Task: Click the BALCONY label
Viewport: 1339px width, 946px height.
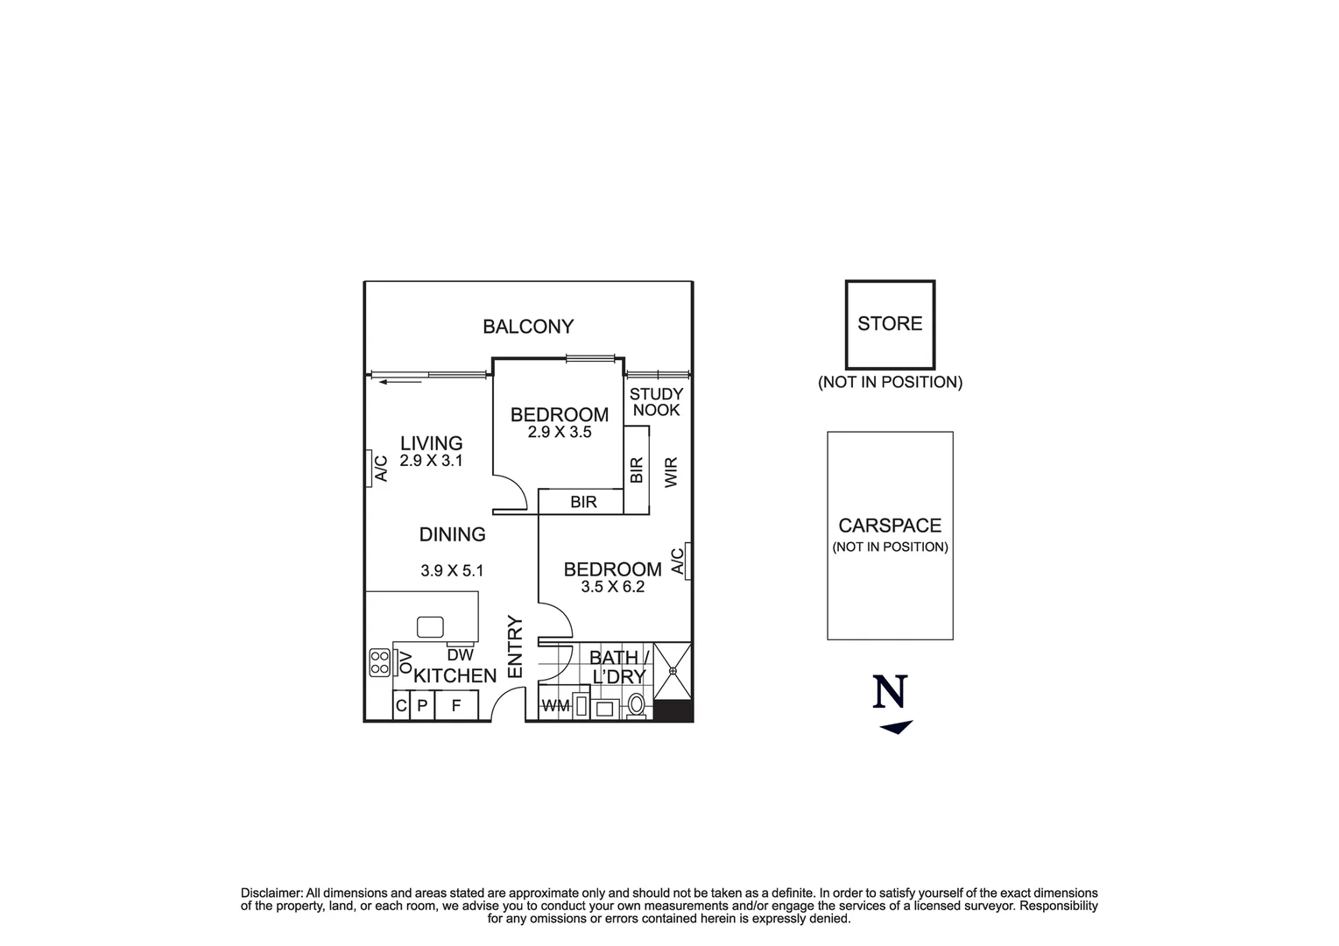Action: pos(528,327)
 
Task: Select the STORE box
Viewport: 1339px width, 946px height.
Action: pos(889,324)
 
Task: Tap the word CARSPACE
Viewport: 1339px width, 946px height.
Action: pos(890,526)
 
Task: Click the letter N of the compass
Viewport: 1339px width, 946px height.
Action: pos(890,692)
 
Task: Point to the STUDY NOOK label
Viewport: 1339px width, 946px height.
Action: pos(656,402)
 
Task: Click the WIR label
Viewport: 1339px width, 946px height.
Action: pos(672,472)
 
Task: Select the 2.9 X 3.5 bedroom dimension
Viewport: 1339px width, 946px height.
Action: pos(560,432)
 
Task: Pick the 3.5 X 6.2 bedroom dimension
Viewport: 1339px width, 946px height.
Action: pos(612,587)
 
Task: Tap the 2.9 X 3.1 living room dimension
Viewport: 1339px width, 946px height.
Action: pos(431,461)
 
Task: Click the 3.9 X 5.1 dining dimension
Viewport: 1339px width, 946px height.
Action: pos(452,570)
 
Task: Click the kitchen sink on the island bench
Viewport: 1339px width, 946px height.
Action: pos(430,626)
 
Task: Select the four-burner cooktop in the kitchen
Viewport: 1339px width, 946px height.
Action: pos(379,662)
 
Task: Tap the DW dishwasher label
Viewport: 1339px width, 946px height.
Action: pos(460,654)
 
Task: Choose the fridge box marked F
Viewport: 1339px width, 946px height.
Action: pos(455,705)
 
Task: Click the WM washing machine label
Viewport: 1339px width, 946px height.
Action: pos(555,706)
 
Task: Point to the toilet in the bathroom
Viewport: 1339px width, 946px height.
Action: pos(637,704)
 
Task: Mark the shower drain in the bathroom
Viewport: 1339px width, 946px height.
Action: pos(673,671)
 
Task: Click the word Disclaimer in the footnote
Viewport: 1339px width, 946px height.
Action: pos(271,893)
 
